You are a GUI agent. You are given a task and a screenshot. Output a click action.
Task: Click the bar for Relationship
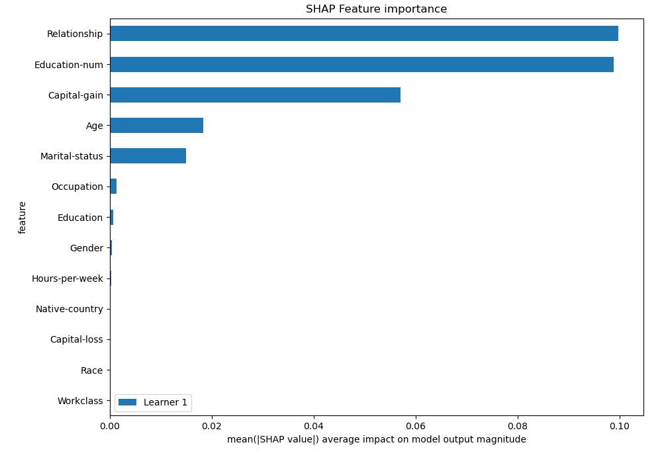coord(364,34)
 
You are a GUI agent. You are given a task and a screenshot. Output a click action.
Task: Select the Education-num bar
coord(361,64)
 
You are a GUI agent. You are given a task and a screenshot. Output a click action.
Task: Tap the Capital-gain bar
coord(255,95)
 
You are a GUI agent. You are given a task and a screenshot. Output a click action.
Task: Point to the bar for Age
coord(156,126)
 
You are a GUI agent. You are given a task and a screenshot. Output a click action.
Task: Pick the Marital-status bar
coord(148,156)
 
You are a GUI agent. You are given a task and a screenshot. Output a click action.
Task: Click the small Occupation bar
coord(113,187)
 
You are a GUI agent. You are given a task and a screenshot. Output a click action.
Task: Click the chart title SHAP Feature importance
coord(376,9)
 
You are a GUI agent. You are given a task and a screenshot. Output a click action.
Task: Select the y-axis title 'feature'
coord(23,218)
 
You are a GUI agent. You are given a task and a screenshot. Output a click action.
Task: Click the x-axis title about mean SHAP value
coord(376,440)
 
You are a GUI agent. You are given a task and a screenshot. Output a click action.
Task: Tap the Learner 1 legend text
coord(165,402)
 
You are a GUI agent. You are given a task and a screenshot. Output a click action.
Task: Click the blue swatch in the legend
coord(127,402)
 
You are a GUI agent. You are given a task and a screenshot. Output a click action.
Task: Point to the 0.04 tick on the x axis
coord(314,427)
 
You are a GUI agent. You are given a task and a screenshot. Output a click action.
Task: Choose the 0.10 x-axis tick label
coord(619,427)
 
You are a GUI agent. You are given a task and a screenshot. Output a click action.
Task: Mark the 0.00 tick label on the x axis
coord(110,427)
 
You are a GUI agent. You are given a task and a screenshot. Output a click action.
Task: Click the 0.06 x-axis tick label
coord(416,427)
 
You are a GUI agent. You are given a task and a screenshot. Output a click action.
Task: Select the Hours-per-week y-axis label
coord(68,278)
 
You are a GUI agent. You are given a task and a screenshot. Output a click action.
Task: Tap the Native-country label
coord(70,309)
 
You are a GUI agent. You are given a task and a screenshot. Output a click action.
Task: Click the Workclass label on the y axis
coord(80,401)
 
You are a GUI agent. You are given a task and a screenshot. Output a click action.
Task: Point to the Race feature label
coord(91,370)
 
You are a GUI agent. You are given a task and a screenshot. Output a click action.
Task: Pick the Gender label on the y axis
coord(86,248)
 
